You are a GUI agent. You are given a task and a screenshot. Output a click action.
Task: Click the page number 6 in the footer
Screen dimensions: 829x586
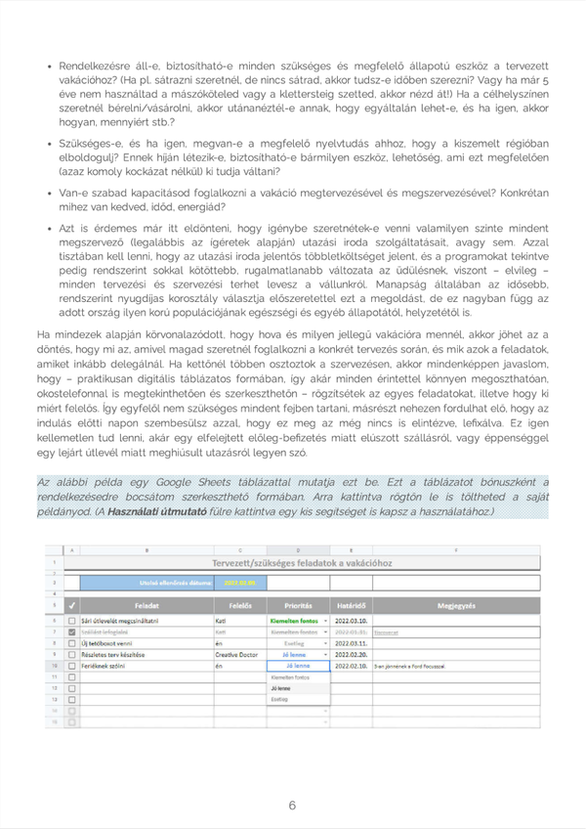(x=292, y=806)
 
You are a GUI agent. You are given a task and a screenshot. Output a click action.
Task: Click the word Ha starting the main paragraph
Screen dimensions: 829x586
(x=42, y=335)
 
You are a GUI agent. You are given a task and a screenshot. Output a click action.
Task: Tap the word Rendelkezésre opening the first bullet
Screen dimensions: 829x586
(x=93, y=65)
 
